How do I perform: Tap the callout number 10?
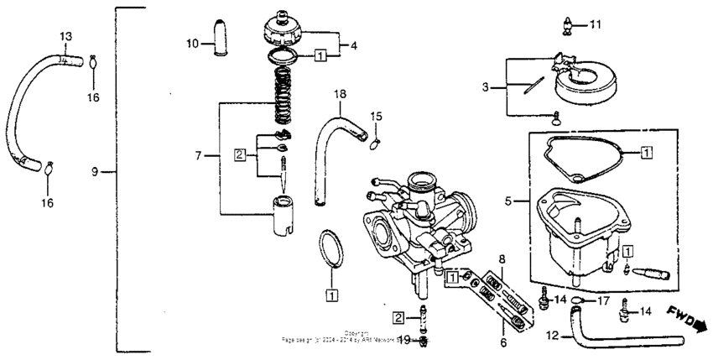191,43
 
